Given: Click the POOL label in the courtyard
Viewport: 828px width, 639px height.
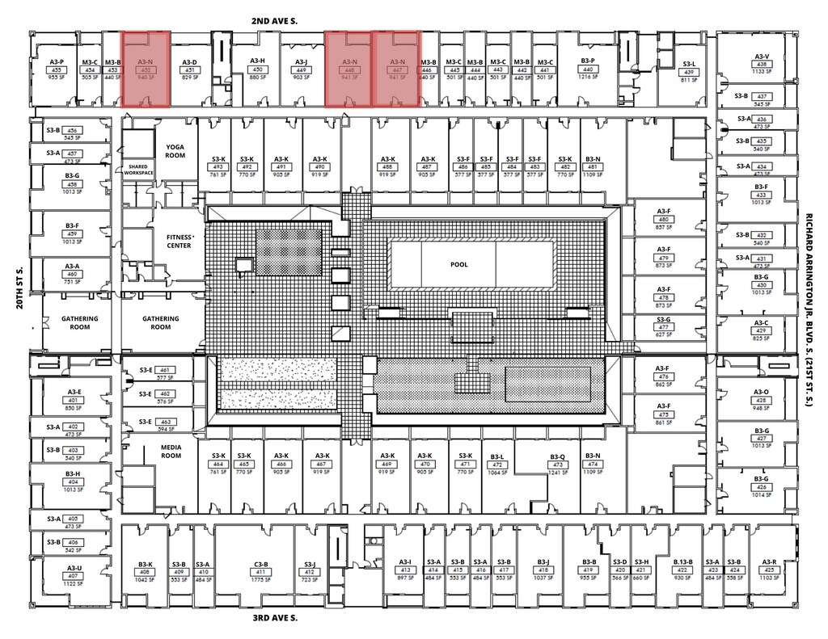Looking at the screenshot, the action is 459,264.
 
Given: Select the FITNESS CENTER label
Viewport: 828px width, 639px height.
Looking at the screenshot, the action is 179,241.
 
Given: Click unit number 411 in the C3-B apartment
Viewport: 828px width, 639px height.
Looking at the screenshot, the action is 261,572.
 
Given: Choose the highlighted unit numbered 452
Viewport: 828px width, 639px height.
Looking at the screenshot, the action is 146,70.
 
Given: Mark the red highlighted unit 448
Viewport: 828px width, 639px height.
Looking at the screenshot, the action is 349,70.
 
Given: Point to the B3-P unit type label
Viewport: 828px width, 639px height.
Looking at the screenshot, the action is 588,61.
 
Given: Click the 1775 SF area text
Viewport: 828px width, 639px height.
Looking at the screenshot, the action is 261,580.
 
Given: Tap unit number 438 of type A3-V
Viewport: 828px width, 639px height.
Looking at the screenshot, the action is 761,64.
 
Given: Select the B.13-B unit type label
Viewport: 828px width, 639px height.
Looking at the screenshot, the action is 683,563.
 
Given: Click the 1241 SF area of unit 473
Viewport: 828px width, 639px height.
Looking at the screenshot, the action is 557,473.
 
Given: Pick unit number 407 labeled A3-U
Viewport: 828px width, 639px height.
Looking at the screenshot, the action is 74,576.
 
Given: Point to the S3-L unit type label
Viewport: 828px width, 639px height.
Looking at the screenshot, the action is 689,64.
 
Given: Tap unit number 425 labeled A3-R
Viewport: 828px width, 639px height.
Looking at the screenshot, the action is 768,571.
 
